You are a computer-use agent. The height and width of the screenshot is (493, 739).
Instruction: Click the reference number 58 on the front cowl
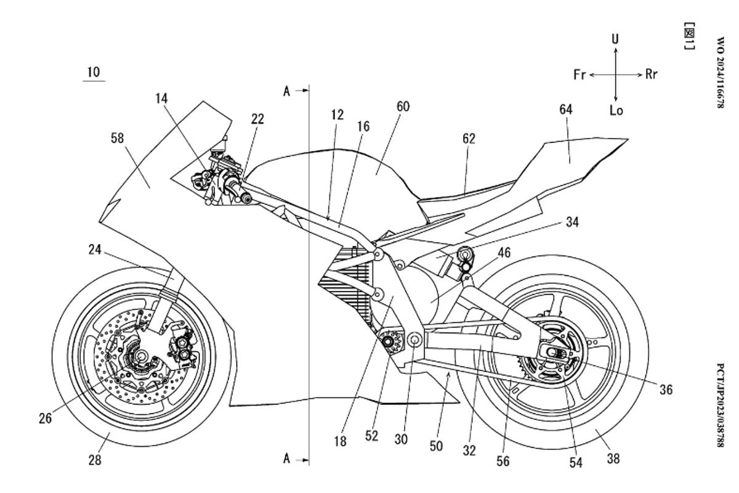[x=117, y=139]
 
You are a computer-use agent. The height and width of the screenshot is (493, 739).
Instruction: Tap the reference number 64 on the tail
[x=565, y=110]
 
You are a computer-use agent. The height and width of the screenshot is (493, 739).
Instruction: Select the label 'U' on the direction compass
[x=615, y=39]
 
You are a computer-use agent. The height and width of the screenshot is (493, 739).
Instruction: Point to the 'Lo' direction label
[x=616, y=111]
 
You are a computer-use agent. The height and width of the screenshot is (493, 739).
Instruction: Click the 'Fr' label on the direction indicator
[x=579, y=75]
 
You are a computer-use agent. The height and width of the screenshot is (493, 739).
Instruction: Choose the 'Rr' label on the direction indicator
[x=652, y=75]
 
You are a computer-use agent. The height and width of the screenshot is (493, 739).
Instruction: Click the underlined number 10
[x=93, y=72]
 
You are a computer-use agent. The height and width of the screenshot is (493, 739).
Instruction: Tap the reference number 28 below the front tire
[x=94, y=459]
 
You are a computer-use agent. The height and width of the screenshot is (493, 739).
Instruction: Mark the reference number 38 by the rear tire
[x=613, y=458]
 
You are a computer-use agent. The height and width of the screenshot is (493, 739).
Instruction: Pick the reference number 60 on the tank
[x=403, y=107]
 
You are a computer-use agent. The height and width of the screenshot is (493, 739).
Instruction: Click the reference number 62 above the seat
[x=469, y=139]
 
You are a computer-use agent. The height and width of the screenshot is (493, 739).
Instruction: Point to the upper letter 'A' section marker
[x=286, y=91]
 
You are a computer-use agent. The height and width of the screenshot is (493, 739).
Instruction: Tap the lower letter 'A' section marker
[x=286, y=459]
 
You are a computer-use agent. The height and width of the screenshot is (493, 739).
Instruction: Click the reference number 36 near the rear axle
[x=665, y=389]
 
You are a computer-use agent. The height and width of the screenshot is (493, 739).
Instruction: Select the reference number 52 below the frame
[x=371, y=435]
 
